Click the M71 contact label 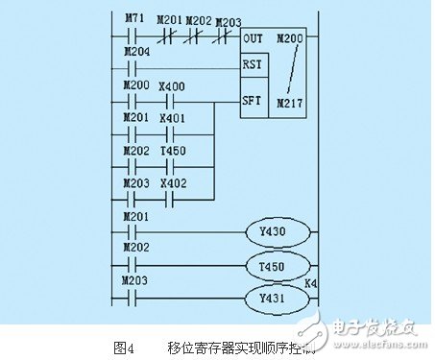coord(134,18)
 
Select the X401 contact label coord(173,118)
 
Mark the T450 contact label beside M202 coord(173,151)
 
